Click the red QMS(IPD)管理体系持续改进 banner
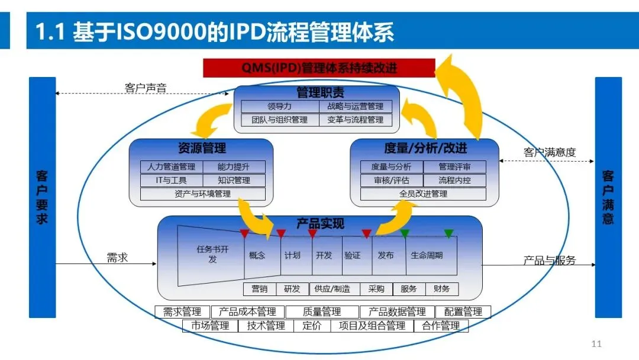pos(319,68)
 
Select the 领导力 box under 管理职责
pos(279,107)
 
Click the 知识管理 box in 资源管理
pos(234,180)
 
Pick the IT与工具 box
pos(171,180)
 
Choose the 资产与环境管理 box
pos(202,194)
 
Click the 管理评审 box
pos(454,167)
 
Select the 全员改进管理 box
pos(423,194)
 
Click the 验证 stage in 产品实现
pos(352,256)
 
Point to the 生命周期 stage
pos(427,256)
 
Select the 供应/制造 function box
pos(333,289)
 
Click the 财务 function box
pos(441,289)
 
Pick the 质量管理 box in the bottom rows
pos(322,311)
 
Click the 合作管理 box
pos(441,326)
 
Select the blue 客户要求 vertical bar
pos(42,197)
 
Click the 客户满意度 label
pos(549,153)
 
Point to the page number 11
pos(596,344)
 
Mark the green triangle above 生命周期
pos(448,234)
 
